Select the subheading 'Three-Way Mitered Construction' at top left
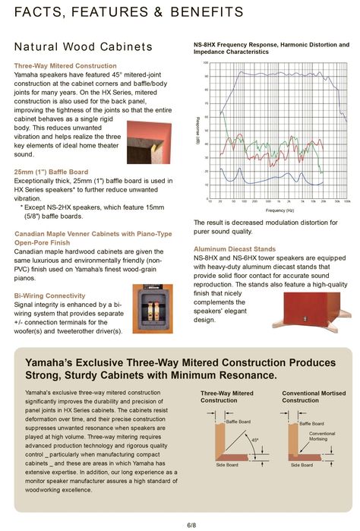[65, 66]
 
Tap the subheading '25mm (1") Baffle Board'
[52, 172]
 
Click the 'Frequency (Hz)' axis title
[279, 210]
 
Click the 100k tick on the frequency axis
[347, 202]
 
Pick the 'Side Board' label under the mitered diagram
[226, 465]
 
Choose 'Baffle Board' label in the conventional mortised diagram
[311, 423]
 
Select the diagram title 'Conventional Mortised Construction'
[311, 397]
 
